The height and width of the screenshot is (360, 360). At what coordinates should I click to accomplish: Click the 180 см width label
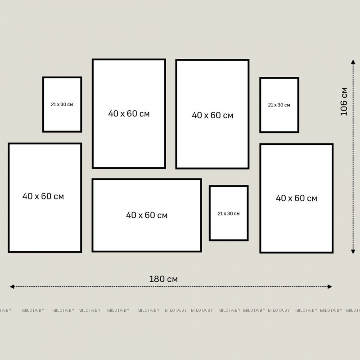click(x=163, y=279)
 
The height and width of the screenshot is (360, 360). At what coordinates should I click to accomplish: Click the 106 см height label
click(x=344, y=102)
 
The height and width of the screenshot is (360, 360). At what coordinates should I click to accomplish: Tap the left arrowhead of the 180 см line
click(x=12, y=287)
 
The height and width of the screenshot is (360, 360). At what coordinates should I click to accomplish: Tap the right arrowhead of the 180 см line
click(x=330, y=287)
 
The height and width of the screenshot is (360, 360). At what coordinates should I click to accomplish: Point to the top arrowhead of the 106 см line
click(x=353, y=62)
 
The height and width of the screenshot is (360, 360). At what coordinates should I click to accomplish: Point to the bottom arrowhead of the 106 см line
click(x=353, y=252)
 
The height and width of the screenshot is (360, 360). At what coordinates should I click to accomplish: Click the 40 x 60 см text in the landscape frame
click(x=147, y=215)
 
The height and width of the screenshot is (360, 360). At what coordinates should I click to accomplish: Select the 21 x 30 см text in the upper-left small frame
click(x=62, y=104)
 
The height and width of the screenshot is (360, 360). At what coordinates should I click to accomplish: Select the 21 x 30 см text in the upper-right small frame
click(x=279, y=105)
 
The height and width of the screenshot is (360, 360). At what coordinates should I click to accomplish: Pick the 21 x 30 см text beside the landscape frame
click(x=229, y=213)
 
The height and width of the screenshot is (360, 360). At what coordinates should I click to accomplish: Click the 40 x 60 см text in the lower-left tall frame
click(x=43, y=196)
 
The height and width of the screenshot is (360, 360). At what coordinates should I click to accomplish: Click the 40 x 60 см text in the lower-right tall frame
click(x=297, y=198)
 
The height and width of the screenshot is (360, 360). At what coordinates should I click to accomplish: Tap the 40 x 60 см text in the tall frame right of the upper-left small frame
click(x=129, y=114)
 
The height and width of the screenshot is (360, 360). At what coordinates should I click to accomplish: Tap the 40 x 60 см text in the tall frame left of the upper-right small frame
click(x=212, y=115)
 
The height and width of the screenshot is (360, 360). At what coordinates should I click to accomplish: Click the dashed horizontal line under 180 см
click(x=171, y=287)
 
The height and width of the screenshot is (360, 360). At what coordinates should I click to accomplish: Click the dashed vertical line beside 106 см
click(x=353, y=157)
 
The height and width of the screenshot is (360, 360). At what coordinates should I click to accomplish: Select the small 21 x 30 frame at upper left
click(x=43, y=104)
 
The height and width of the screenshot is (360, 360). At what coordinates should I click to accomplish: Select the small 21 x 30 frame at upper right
click(x=260, y=105)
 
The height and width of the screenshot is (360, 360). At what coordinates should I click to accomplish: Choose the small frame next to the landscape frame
click(x=210, y=213)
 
